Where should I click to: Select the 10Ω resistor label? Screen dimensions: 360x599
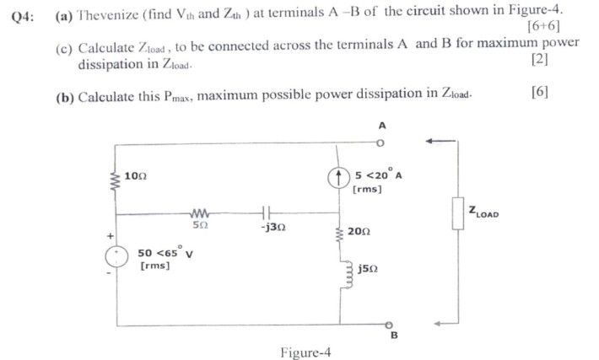tap(135, 176)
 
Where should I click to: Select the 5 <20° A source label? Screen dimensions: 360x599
tap(378, 176)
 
